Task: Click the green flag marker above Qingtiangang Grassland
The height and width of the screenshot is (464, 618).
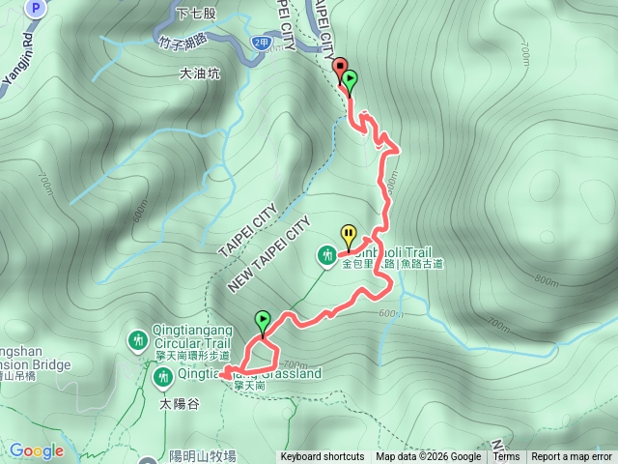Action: pyautogui.click(x=262, y=320)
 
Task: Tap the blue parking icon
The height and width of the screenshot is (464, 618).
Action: pyautogui.click(x=36, y=8)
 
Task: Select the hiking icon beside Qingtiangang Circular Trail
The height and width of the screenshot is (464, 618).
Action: pyautogui.click(x=138, y=339)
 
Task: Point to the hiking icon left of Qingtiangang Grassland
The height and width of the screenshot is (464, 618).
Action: pyautogui.click(x=160, y=374)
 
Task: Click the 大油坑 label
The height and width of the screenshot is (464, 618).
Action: pyautogui.click(x=200, y=72)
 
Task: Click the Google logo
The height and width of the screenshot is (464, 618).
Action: pyautogui.click(x=36, y=450)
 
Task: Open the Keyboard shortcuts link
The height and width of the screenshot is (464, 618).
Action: pyautogui.click(x=323, y=457)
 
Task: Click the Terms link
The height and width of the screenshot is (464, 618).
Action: pyautogui.click(x=506, y=457)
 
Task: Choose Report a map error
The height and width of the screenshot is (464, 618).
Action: pyautogui.click(x=572, y=457)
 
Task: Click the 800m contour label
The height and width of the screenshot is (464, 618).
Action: pyautogui.click(x=546, y=281)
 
